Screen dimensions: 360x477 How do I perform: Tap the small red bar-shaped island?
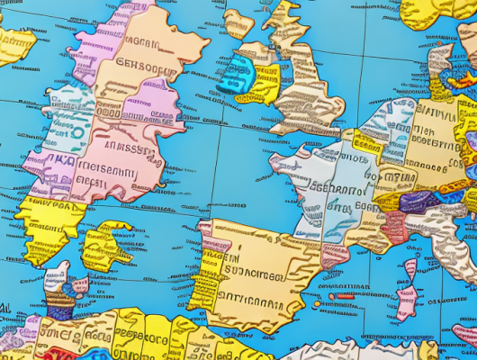(346, 295)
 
